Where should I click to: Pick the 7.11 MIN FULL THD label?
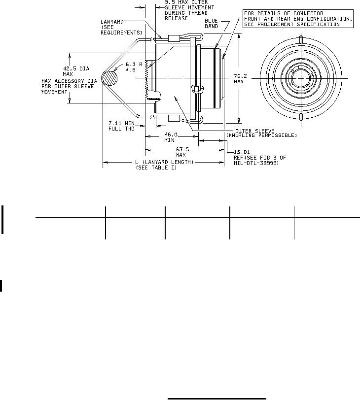click(x=121, y=126)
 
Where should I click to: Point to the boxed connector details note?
click(x=298, y=19)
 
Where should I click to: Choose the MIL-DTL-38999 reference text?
click(x=256, y=163)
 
